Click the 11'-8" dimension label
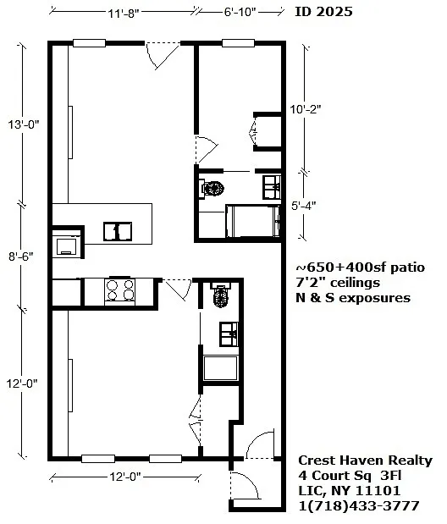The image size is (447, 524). tap(123, 14)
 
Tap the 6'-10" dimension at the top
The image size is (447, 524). tap(240, 13)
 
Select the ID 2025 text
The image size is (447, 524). tap(323, 12)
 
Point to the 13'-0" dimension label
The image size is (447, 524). tap(24, 124)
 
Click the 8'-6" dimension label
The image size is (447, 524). tap(21, 256)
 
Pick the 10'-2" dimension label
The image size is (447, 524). tap(306, 109)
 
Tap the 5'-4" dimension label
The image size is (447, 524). tap(303, 206)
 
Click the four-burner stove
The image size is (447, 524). tap(119, 290)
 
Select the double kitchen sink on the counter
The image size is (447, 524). tap(118, 231)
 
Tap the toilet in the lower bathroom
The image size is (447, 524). tap(220, 295)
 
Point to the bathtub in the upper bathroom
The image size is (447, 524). tap(253, 221)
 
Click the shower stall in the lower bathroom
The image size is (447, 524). tap(221, 368)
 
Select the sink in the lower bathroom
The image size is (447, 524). tap(229, 334)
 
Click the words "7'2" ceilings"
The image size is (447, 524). tap(338, 283)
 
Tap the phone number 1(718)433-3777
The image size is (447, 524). tap(359, 505)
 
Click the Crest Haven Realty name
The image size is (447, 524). tap(365, 461)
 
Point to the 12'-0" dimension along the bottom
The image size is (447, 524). tap(125, 477)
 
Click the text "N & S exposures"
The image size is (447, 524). tap(353, 298)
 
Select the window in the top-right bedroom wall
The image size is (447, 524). tap(239, 43)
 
